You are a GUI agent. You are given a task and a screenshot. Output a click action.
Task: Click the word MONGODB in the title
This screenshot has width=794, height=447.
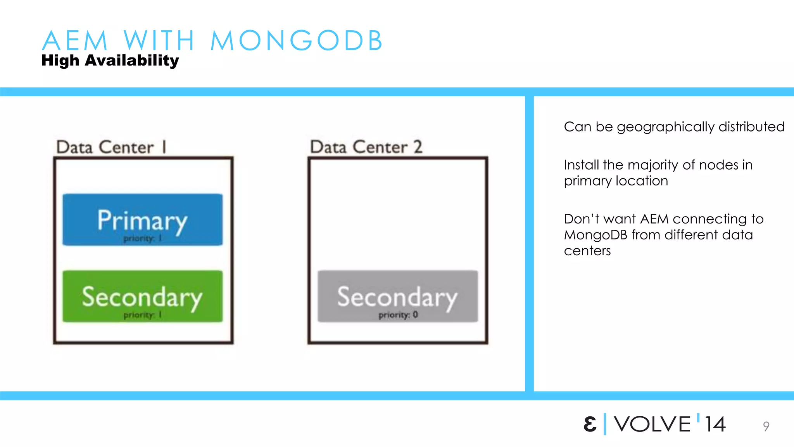coord(297,40)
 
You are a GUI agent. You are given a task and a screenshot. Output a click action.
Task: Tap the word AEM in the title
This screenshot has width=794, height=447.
coord(74,40)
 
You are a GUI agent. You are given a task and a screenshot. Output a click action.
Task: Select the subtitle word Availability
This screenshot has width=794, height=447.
coord(132,61)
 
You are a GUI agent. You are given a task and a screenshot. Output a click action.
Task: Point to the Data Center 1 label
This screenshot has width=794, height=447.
coord(111,147)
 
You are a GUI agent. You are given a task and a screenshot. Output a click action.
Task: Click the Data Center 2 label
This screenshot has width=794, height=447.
coord(366,147)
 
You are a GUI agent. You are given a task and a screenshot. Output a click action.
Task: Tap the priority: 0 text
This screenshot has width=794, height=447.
coord(398,315)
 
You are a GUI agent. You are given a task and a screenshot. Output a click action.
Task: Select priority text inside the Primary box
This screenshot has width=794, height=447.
coord(142,238)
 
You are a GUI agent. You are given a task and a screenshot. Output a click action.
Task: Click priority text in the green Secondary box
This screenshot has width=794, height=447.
coord(142,315)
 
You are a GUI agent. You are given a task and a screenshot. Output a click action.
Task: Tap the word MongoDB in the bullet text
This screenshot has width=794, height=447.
coord(595,235)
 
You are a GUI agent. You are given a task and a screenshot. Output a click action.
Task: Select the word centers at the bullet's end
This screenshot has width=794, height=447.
coord(587,251)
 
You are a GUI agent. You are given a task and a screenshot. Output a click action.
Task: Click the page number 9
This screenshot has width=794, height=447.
coord(766,426)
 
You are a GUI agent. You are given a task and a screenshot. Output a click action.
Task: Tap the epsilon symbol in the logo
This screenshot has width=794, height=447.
coord(590,424)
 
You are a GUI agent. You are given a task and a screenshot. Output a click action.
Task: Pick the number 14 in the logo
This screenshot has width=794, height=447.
coord(715,424)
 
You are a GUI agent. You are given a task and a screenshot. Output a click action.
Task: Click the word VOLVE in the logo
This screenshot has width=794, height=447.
coord(652,424)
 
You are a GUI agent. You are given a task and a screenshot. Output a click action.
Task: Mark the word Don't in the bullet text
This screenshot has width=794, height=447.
coord(581,219)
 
